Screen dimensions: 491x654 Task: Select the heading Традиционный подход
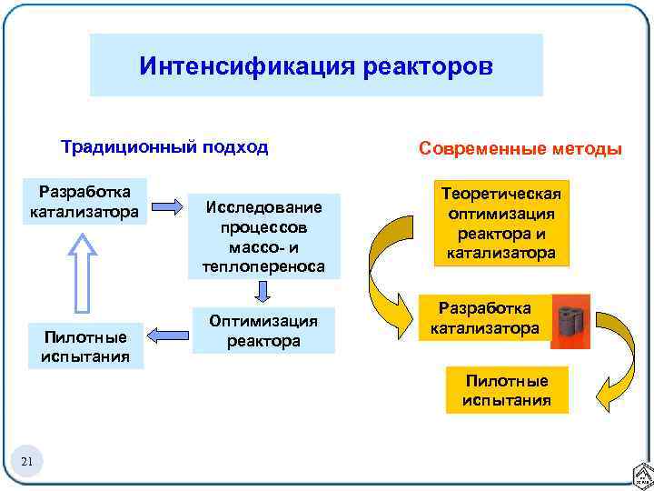(164, 147)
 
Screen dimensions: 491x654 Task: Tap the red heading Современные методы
(520, 148)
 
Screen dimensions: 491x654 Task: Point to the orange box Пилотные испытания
(507, 389)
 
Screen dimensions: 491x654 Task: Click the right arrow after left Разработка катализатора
(166, 205)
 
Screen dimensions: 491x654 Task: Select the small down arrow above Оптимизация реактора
(263, 292)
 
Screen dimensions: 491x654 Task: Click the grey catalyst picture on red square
(571, 321)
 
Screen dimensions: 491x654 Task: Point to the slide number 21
(26, 464)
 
